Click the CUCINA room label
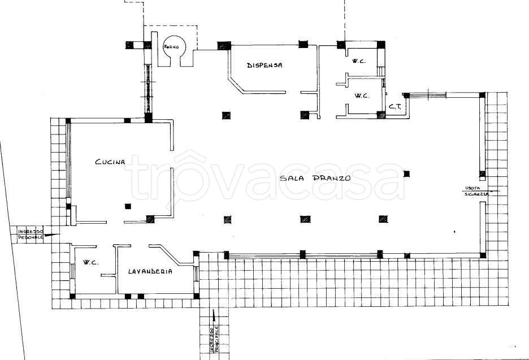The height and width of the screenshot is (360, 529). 110,162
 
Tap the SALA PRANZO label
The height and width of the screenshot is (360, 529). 315,178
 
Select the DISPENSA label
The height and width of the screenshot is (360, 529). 264,65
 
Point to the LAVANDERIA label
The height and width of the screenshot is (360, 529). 150,271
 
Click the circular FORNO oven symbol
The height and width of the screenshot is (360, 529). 171,47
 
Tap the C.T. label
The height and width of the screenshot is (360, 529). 395,107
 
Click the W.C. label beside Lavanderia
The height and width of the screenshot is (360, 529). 91,262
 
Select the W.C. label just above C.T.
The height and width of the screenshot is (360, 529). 362,96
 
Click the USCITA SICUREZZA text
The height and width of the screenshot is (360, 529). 476,191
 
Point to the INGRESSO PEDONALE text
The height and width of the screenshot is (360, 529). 31,234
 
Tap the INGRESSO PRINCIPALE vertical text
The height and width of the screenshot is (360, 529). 214,339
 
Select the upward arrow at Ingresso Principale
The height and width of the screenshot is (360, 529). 214,316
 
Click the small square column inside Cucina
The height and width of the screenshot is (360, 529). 128,206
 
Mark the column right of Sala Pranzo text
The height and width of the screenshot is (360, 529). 406,174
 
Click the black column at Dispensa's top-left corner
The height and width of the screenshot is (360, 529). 224,46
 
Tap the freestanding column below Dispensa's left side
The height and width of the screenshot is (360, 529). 226,115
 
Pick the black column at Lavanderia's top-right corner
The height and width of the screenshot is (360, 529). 196,253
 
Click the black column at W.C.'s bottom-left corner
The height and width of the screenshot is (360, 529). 72,296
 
